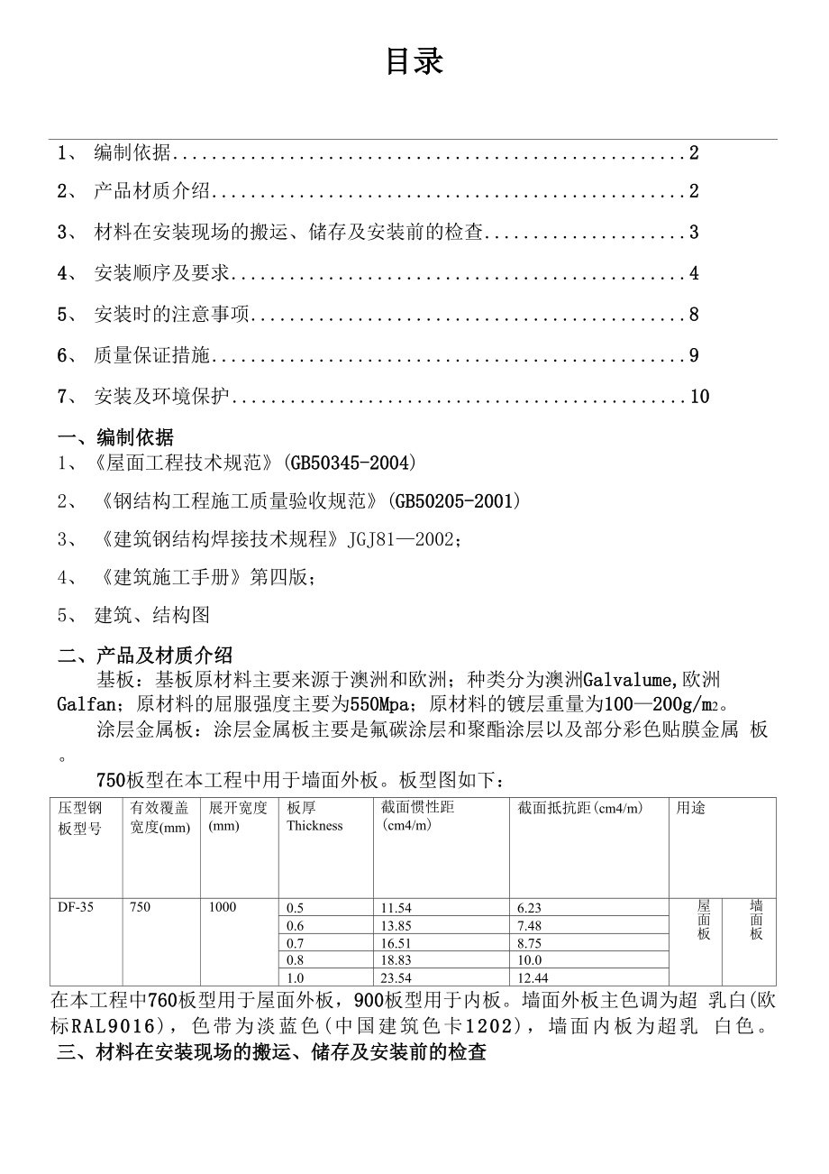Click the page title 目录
pos(414,61)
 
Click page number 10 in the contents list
pos(699,397)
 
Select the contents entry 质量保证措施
pos(151,356)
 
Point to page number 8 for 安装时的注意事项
pos(694,315)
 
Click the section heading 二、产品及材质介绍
pos(145,656)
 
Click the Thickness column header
pos(314,825)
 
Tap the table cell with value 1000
pos(223,907)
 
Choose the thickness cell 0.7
pos(296,943)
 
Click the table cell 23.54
pos(396,978)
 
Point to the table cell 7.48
pos(530,926)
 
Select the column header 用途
pos(691,809)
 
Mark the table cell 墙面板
pos(756,920)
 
